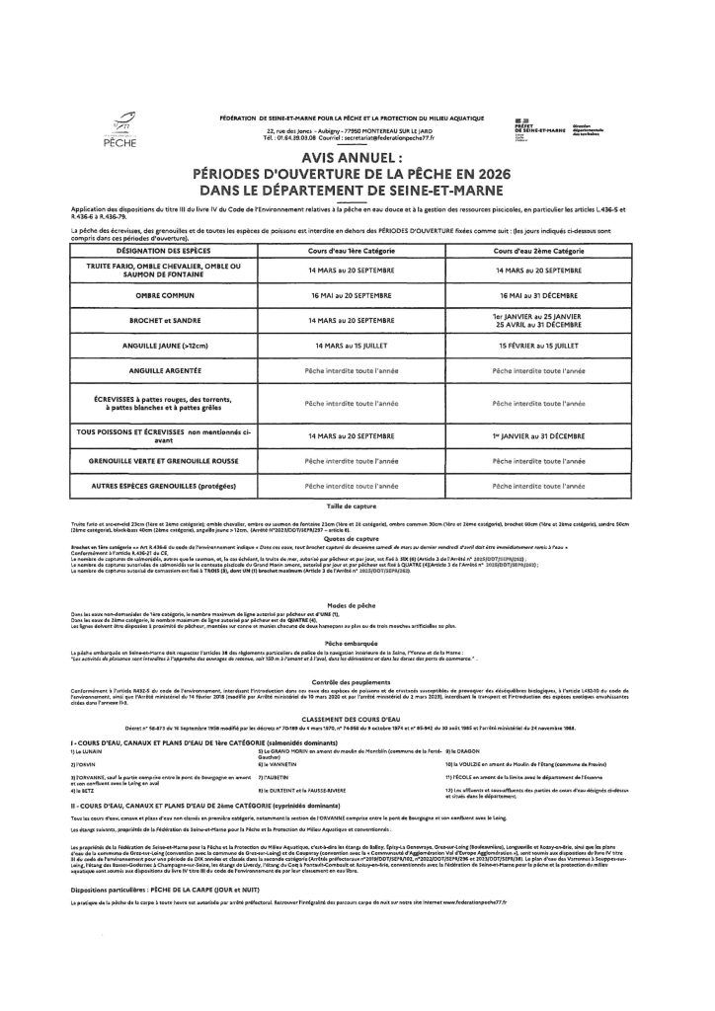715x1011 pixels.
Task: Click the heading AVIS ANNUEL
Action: click(x=357, y=156)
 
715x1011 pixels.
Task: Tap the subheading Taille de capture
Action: click(x=357, y=505)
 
